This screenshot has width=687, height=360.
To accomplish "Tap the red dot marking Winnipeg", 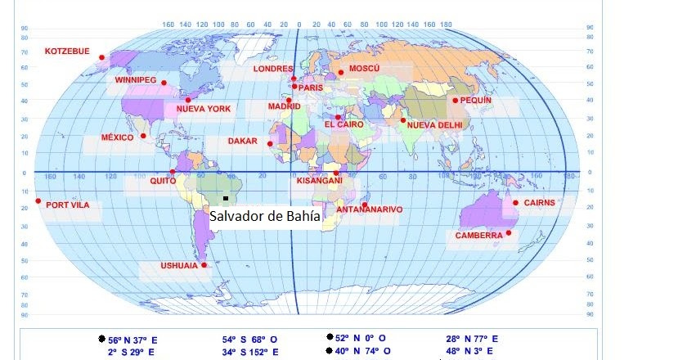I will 164,83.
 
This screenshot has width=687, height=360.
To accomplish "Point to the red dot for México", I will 143,136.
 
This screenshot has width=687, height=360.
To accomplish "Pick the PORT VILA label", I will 68,205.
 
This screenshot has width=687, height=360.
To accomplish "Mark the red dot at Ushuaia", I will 204,265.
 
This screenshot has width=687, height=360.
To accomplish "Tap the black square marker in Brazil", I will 225,198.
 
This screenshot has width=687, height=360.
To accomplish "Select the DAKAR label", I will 242,141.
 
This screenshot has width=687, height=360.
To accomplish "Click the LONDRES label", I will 273,70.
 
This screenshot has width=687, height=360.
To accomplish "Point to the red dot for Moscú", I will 340,72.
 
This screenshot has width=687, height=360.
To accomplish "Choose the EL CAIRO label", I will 343,124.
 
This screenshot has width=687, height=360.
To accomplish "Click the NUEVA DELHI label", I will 434,125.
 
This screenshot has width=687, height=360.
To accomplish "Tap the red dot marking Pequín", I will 455,100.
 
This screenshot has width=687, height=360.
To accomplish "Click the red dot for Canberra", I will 509,232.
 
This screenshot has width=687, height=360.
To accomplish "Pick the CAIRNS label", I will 539,202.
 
